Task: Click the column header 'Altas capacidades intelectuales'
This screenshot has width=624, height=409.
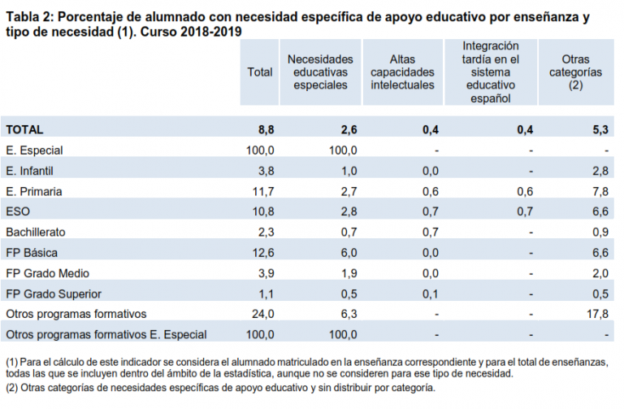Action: (402, 72)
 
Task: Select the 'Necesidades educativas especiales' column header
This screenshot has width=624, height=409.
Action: (320, 72)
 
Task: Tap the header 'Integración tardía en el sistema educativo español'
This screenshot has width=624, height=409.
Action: (491, 72)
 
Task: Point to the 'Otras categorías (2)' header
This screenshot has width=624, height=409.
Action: (575, 72)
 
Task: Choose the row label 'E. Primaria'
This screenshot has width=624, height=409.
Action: (33, 191)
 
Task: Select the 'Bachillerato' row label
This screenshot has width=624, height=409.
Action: (36, 232)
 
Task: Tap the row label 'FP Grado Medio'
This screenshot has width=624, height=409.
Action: (47, 273)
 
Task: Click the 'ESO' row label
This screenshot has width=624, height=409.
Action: (17, 211)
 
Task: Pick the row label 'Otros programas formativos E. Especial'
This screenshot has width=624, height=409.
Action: (106, 334)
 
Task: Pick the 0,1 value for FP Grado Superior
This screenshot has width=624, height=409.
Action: (431, 294)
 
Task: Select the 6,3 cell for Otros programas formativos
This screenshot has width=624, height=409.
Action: (349, 314)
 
